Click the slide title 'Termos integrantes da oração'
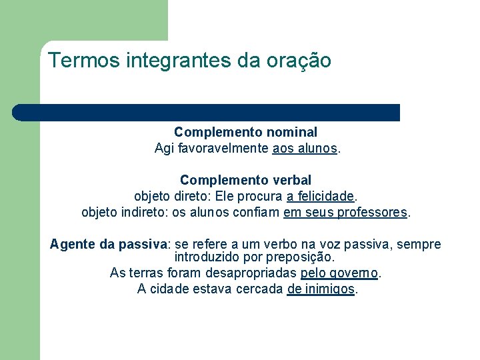coord(189,61)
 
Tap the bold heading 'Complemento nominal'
coord(245,133)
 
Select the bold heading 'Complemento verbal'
coord(245,180)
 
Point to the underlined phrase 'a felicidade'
coord(320,197)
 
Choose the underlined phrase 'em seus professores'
coord(345,213)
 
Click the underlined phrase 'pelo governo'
coord(339,273)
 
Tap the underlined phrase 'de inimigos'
coord(321,289)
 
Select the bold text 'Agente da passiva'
coord(110,245)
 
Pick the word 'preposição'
coord(303,257)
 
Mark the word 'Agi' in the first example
coord(163,149)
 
